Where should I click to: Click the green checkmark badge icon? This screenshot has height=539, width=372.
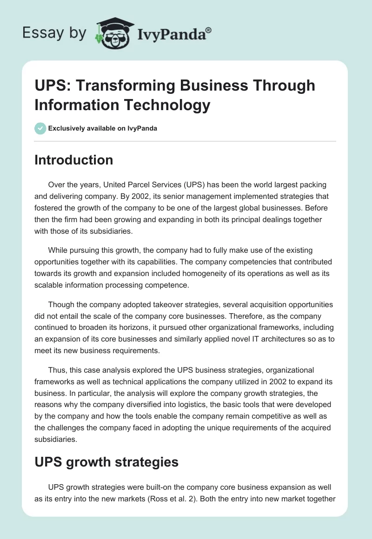click(x=40, y=128)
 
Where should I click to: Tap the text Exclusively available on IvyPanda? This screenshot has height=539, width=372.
click(x=103, y=128)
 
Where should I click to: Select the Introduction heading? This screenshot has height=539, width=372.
click(x=74, y=160)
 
